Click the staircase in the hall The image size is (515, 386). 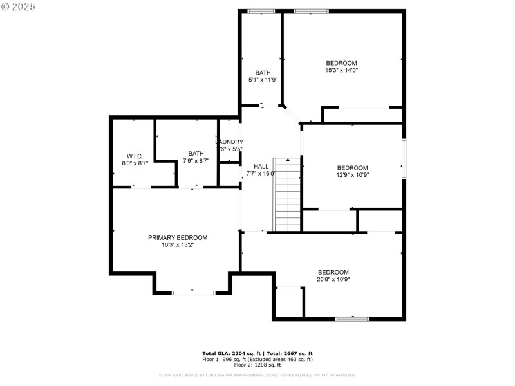pos(288,194)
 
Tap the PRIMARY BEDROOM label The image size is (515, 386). pos(178,237)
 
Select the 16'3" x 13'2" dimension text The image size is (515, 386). pos(178,245)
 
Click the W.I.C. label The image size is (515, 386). pos(135,156)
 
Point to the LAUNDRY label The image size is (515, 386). pos(229,142)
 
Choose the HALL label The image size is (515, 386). pos(261,165)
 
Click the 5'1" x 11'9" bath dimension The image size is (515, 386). pos(263,80)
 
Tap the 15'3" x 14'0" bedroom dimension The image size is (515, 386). pos(341,70)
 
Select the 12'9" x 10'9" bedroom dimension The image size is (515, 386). pos(352,174)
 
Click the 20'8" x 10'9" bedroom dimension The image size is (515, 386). pos(333,279)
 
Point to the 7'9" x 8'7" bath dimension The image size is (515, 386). pos(196,160)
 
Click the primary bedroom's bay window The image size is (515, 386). pos(193,293)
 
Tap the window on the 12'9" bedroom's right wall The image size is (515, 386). pos(404,159)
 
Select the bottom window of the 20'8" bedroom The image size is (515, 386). pos(351,318)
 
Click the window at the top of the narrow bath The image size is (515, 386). pos(261,10)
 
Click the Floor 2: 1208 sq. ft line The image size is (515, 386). pos(257,364)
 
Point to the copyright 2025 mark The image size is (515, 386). pos(19,6)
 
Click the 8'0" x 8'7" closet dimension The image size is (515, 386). pos(135,163)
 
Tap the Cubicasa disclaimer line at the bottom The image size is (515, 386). pos(257,375)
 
